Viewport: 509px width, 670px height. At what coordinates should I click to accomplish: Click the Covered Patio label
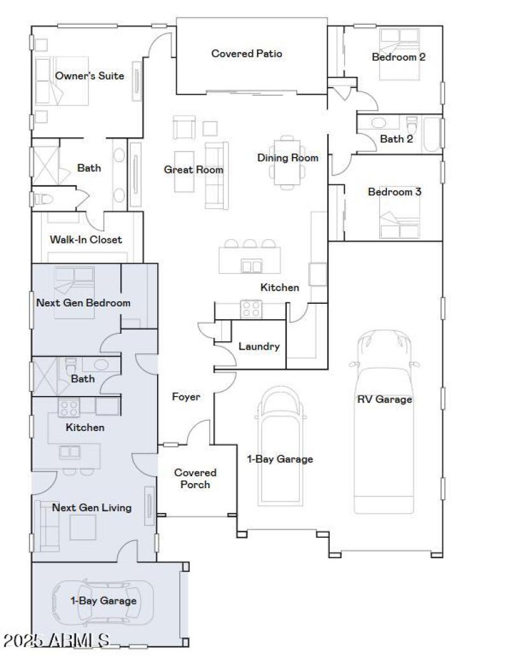click(246, 53)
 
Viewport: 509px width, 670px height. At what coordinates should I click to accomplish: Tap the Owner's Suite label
click(89, 76)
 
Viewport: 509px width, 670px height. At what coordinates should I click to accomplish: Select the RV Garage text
click(384, 399)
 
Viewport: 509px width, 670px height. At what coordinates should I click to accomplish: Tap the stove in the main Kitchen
click(251, 308)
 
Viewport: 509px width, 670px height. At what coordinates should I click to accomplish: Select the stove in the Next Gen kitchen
click(68, 406)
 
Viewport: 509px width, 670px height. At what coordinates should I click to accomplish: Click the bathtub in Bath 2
click(432, 133)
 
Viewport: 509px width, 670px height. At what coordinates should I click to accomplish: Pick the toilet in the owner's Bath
click(43, 199)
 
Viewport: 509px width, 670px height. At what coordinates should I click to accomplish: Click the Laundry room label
click(259, 346)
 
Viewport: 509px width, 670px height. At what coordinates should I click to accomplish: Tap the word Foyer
click(186, 397)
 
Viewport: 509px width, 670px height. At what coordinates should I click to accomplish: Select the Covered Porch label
click(195, 478)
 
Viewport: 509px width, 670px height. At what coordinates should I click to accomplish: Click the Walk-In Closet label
click(86, 240)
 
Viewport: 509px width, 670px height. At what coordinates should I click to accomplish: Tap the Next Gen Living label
click(92, 507)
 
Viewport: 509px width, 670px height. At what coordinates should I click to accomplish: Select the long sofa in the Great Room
click(215, 175)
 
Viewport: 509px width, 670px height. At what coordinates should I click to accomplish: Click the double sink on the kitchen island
click(251, 266)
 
